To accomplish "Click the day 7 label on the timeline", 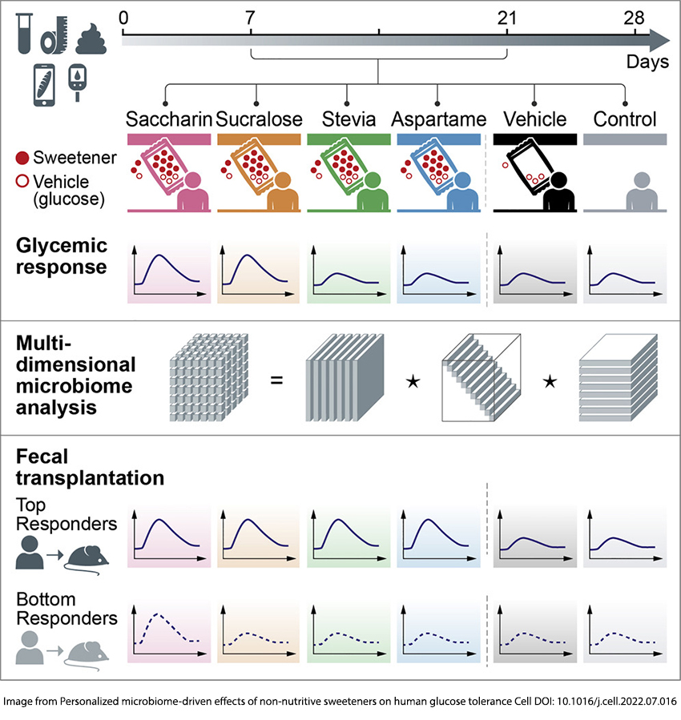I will coord(251,17).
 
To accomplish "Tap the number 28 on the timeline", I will coord(635,17).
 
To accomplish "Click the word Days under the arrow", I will coord(647,62).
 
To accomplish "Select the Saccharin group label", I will coord(168,120).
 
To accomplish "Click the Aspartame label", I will coord(438,120).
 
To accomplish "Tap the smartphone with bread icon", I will coord(44,83).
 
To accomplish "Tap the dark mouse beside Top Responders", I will coord(85,556).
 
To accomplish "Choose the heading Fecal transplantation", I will coord(90,468).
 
